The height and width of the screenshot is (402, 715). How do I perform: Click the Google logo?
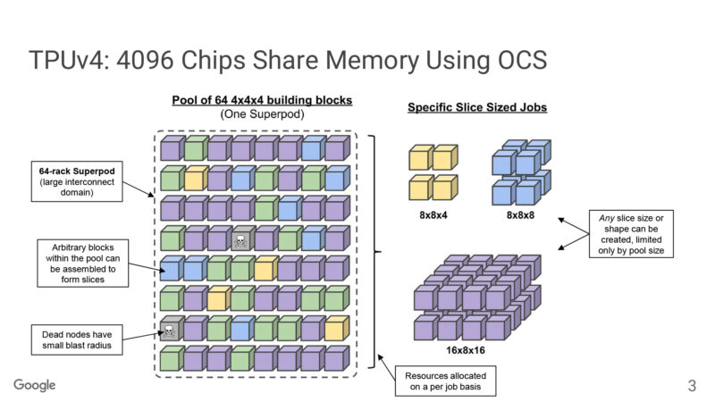pos(35,385)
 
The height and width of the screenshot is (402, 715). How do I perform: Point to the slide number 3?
pos(691,386)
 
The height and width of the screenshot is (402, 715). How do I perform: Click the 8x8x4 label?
pos(433,215)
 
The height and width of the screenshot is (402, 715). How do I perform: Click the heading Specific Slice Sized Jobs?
pos(477,108)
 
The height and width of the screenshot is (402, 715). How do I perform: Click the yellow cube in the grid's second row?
pos(195,179)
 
